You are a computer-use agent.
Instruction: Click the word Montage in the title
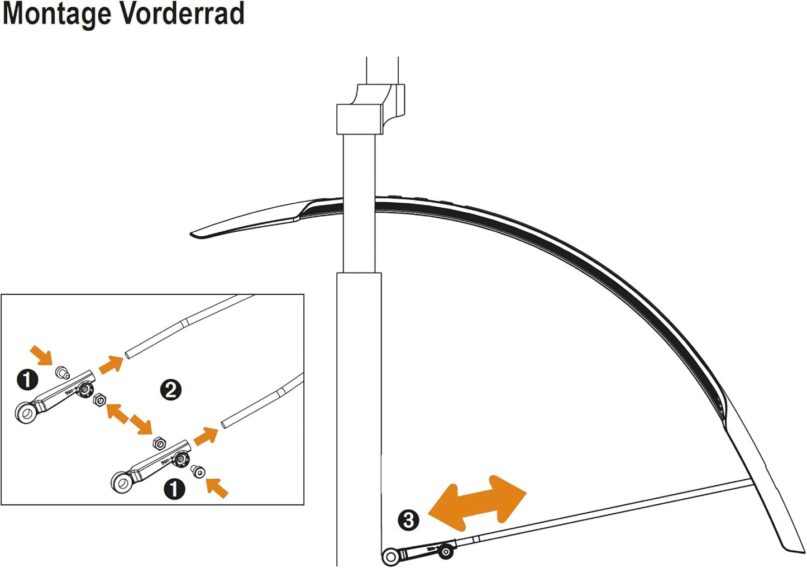58,15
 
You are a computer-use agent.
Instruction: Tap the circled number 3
409,520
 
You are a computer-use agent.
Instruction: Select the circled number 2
170,390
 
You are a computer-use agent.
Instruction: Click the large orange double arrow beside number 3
477,503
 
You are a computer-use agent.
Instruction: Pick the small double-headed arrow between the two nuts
130,419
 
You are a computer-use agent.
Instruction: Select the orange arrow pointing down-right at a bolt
41,355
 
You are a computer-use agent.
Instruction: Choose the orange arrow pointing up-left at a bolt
217,488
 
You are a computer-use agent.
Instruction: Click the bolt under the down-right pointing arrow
63,373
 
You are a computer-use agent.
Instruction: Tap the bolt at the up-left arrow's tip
198,471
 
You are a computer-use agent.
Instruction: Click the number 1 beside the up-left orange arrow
174,489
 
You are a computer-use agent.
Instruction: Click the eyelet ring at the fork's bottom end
390,557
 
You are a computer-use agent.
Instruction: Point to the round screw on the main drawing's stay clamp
446,552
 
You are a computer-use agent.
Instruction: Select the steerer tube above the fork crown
382,70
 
